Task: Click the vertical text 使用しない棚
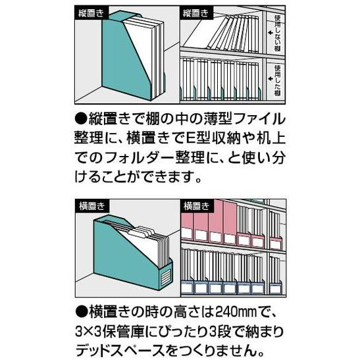click(278, 32)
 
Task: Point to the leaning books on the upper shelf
click(224, 33)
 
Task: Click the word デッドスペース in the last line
click(128, 347)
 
